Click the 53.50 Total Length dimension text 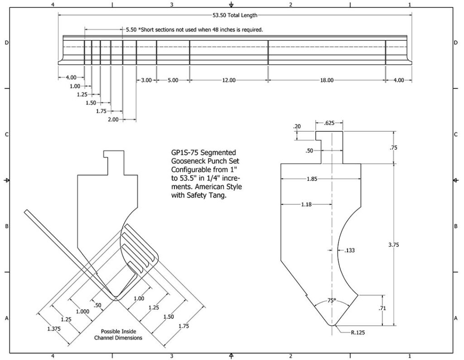[235, 15]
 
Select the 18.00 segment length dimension [327, 80]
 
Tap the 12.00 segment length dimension [229, 80]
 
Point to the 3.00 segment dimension [146, 80]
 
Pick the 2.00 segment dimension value [113, 120]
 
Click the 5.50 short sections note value [131, 29]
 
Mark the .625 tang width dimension [329, 123]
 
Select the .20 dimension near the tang [297, 126]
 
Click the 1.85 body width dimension [312, 179]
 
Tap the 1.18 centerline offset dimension [306, 204]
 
